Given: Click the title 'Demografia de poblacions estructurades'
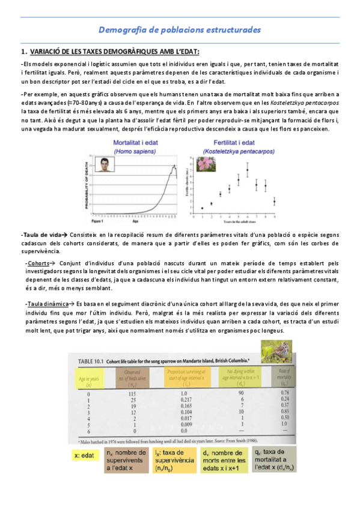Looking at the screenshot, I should click(x=179, y=29).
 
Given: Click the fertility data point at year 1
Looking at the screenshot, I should click(x=202, y=208).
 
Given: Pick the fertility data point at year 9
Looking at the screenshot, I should click(x=274, y=201).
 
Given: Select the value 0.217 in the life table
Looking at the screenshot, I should click(x=178, y=401).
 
